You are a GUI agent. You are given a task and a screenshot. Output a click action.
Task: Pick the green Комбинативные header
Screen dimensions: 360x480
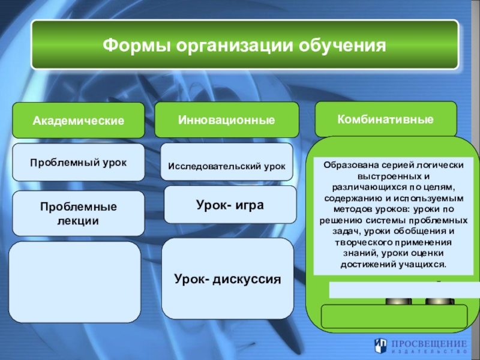tap(386, 119)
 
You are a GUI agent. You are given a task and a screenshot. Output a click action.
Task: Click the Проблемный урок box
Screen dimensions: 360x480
tap(79, 163)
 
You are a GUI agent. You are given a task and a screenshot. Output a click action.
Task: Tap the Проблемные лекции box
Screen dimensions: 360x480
tap(79, 213)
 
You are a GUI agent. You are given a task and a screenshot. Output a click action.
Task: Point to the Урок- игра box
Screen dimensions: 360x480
tap(230, 204)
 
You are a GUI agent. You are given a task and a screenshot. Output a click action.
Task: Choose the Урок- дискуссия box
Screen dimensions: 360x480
tap(228, 279)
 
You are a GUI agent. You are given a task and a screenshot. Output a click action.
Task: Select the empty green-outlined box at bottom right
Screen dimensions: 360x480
tap(395, 316)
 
